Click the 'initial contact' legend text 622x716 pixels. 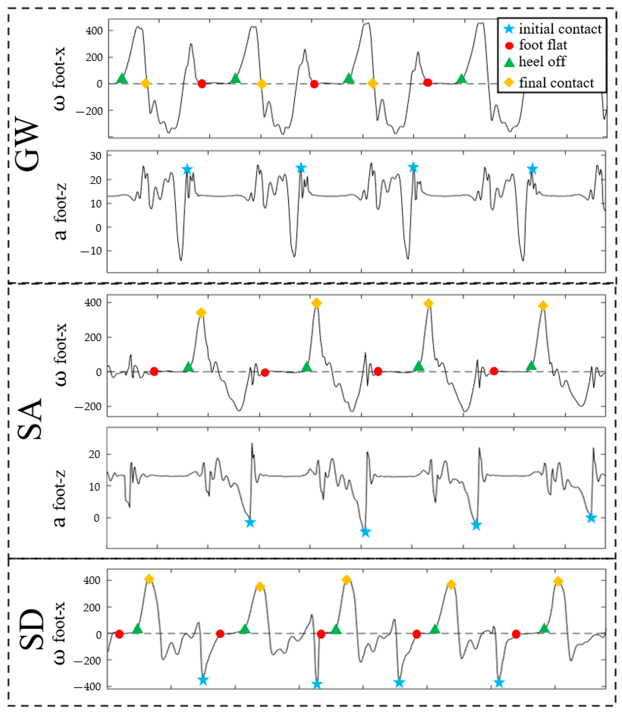click(560, 29)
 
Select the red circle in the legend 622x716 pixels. click(509, 46)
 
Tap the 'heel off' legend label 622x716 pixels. click(542, 62)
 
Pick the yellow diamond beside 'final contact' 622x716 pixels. click(509, 83)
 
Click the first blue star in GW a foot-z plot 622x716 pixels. click(187, 170)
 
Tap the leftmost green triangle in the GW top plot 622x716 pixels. click(122, 78)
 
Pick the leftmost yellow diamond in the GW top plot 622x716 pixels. click(145, 83)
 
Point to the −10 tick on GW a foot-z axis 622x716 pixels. click(91, 251)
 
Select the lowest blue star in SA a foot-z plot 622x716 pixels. click(365, 532)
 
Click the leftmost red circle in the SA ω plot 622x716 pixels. click(154, 372)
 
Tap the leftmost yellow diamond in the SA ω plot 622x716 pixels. click(201, 313)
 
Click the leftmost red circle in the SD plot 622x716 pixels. click(119, 634)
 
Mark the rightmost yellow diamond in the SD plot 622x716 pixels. click(558, 581)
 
